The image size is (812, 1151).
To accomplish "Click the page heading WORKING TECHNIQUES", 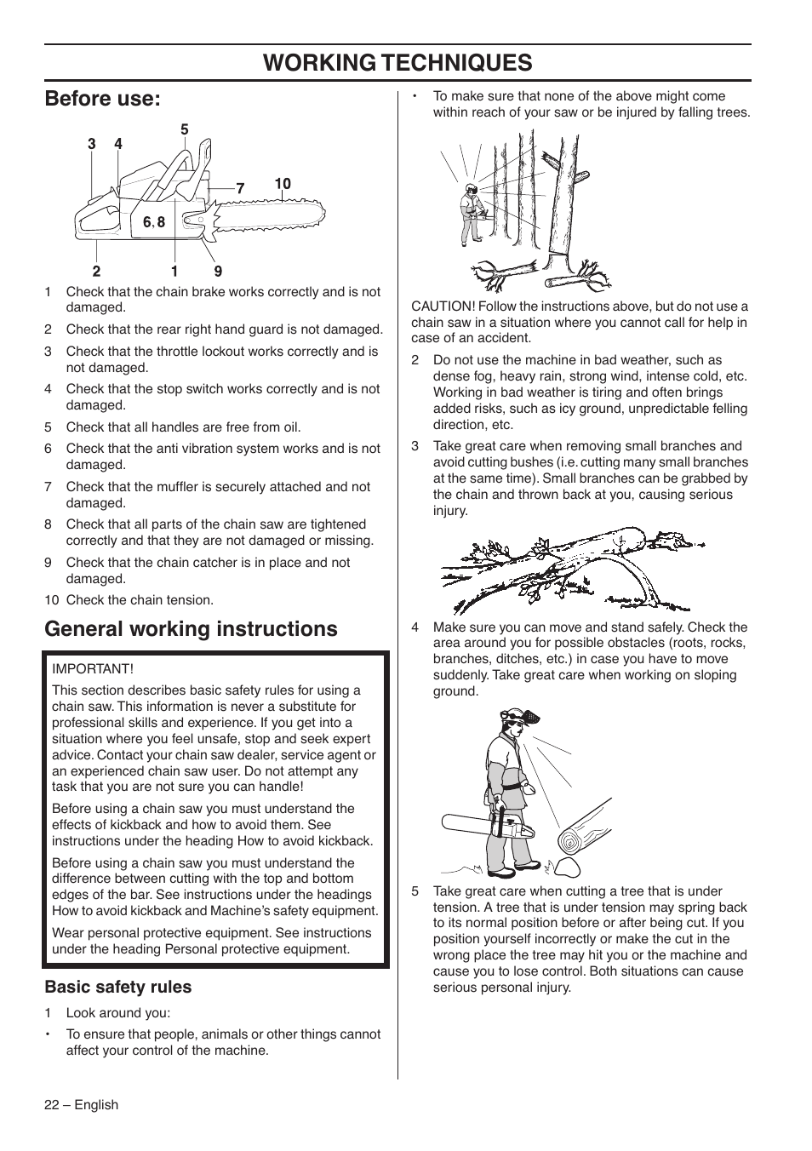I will (x=397, y=62).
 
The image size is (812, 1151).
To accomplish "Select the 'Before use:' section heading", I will (x=102, y=99).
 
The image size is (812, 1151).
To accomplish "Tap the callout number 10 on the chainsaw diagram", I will (x=283, y=184).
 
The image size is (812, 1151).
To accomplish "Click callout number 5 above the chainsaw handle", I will (x=184, y=129).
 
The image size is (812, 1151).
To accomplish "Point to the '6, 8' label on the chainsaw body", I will (x=154, y=222).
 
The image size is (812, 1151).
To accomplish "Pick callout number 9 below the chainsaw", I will (x=218, y=272).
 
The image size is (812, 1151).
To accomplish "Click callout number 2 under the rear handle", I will (x=96, y=272).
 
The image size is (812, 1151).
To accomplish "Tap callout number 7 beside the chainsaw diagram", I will (x=240, y=188).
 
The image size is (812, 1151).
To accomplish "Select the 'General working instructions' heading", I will (x=191, y=629).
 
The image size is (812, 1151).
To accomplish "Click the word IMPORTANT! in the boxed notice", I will (x=93, y=669).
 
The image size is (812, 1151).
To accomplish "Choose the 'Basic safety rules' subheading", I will (x=118, y=987).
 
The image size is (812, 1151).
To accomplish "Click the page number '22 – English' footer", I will (x=82, y=1105).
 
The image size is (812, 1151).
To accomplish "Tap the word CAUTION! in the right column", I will (x=443, y=306).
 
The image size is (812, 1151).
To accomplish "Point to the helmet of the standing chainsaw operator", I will (x=513, y=717).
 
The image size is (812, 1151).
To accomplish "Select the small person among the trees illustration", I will (x=471, y=213).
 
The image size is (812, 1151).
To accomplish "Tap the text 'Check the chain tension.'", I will (x=140, y=600).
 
